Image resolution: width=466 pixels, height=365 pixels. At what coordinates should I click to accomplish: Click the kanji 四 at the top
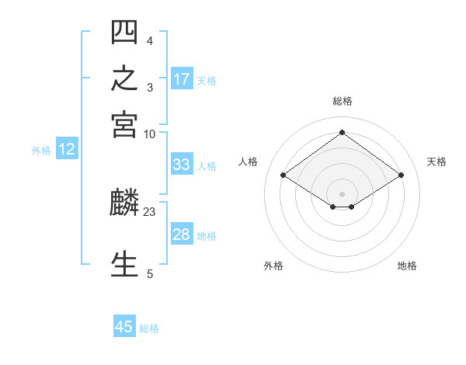click(x=124, y=32)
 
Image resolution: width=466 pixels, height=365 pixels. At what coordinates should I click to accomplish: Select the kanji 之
click(x=124, y=78)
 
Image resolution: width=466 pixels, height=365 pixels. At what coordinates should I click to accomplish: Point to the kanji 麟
click(x=124, y=202)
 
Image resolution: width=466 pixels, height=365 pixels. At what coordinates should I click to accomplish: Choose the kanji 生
click(x=124, y=264)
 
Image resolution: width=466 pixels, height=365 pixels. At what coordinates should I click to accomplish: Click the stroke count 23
click(x=149, y=212)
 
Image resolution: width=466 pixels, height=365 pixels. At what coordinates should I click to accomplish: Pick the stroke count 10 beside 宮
click(x=149, y=134)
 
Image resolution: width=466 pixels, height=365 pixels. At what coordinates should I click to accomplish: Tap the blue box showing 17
click(x=182, y=78)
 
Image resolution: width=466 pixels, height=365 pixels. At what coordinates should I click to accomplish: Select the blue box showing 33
click(x=182, y=164)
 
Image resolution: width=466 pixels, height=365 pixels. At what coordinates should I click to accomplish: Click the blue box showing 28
click(x=182, y=233)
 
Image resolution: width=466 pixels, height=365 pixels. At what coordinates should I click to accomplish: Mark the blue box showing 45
click(x=124, y=325)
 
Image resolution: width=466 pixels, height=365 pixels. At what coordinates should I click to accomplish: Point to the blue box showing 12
click(x=67, y=148)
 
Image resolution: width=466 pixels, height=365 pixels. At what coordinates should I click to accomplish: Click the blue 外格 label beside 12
click(x=41, y=151)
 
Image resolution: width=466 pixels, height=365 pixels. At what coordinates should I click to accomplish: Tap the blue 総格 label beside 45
click(x=149, y=328)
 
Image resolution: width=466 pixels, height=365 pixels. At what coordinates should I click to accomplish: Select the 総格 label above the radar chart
click(x=343, y=101)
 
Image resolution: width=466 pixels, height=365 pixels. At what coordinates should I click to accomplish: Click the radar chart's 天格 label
click(x=436, y=162)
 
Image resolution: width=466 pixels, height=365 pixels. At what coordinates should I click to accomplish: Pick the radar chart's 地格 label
click(x=407, y=266)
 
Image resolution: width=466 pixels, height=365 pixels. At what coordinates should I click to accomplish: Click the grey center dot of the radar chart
click(x=342, y=194)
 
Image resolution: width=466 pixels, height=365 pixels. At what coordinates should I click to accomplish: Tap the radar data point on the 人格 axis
click(x=283, y=175)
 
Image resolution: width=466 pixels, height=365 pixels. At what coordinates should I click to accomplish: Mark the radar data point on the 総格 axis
click(x=342, y=132)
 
